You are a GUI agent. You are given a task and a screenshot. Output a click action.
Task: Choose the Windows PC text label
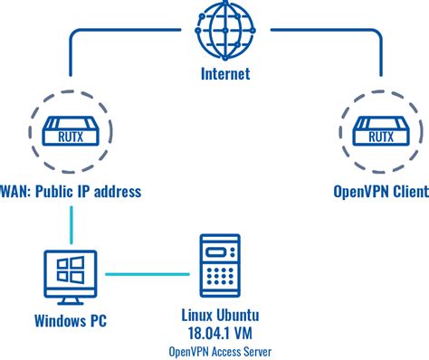[71, 319]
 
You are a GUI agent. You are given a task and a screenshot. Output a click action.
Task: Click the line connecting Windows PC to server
[150, 271]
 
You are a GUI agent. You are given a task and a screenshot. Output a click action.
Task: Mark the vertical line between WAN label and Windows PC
[71, 224]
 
